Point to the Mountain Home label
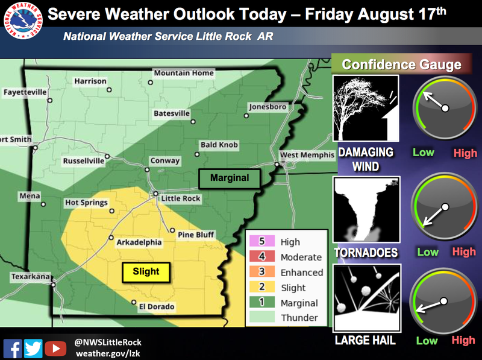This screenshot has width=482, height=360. coord(184,73)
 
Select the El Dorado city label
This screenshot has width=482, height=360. coord(157,307)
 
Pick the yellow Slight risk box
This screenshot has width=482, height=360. coord(146,272)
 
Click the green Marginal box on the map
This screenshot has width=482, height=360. coord(230,178)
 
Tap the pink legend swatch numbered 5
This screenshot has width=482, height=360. coord(261,242)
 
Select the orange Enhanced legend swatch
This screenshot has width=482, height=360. coord(261,273)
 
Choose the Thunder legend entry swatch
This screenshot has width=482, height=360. coord(261,318)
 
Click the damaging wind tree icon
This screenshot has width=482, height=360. coord(366,109)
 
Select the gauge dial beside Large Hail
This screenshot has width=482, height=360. coord(443,301)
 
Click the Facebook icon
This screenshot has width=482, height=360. coord(13,348)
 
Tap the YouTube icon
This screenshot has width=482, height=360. coord(55,348)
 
